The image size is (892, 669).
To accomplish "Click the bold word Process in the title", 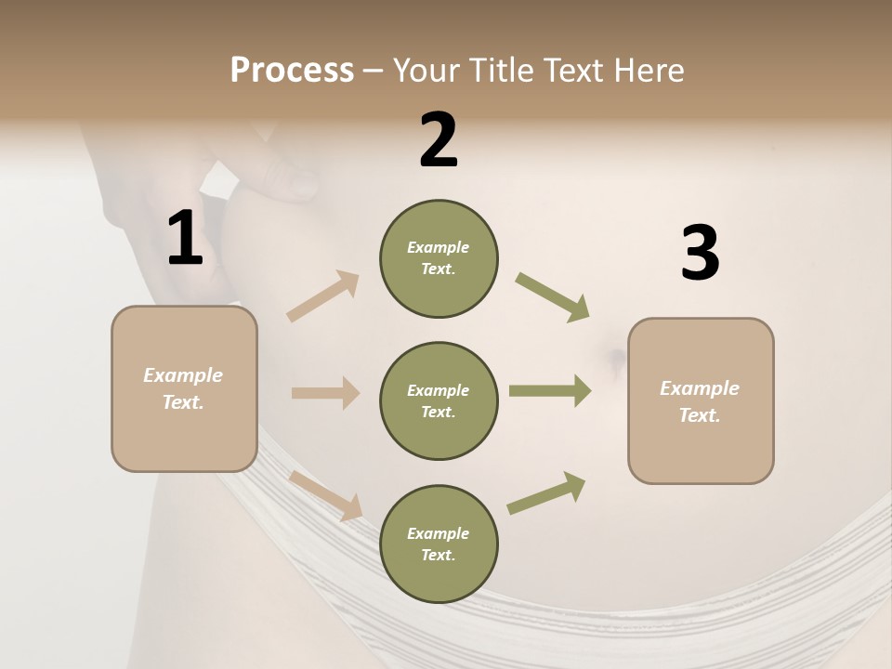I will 292,71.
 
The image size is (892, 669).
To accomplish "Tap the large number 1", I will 185,239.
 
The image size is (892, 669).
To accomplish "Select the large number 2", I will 439,140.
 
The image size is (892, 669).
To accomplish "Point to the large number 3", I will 700,253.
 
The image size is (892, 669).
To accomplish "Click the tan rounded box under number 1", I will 184,388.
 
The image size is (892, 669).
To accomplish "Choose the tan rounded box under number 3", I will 701,400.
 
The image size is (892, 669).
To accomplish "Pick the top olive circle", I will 439,258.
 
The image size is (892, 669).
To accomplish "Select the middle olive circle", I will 439,400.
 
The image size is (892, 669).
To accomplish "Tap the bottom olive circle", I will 439,544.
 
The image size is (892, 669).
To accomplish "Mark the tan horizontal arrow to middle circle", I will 325,393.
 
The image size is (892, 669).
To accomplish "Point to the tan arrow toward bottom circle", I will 325,494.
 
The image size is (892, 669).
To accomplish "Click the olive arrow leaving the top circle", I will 552,296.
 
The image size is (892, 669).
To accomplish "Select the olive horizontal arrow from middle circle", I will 549,391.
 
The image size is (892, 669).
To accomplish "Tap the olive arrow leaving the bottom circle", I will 546,493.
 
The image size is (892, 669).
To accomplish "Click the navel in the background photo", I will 614,356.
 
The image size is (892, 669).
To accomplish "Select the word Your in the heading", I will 428,71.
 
